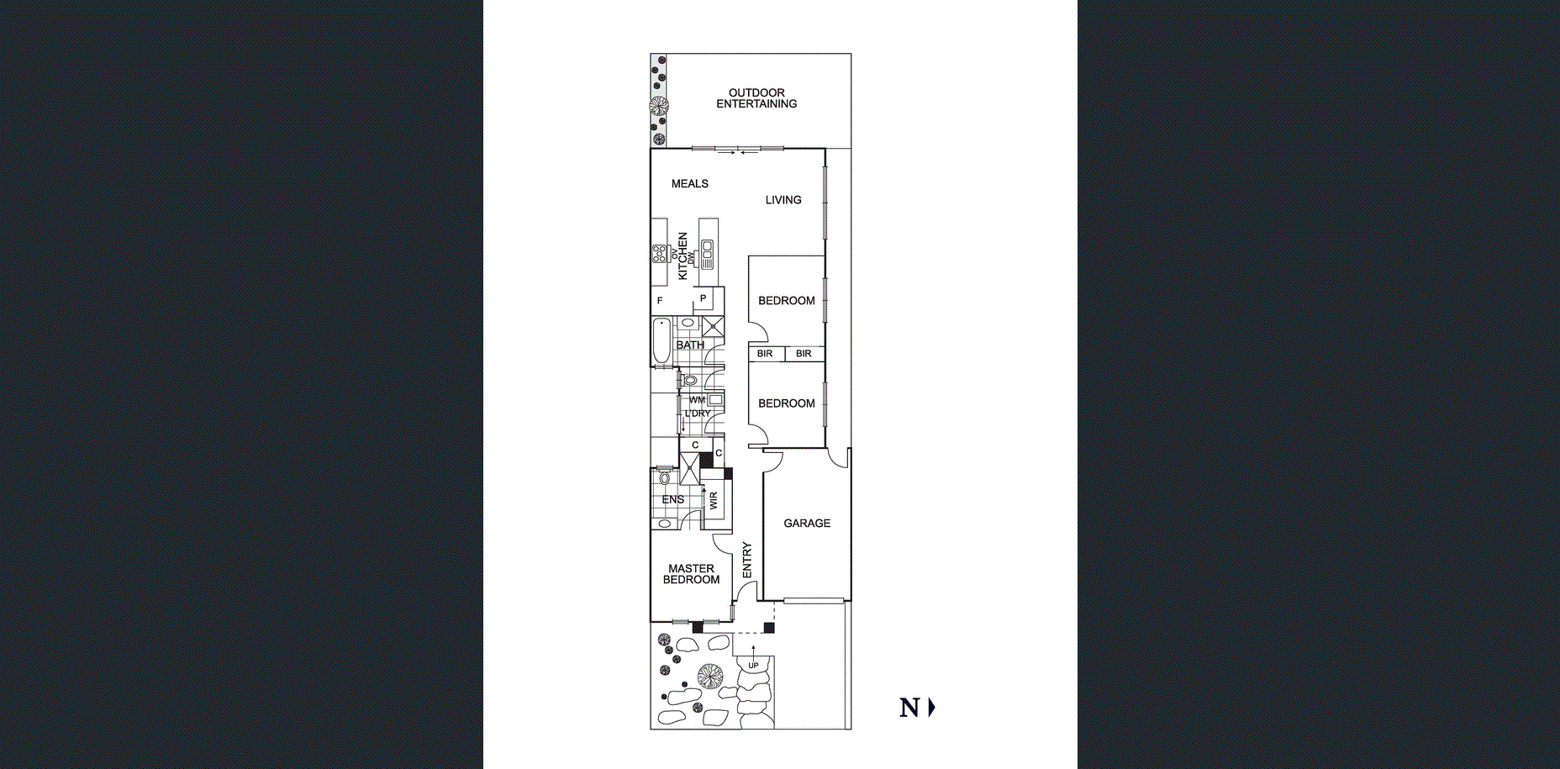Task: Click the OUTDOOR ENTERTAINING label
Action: coord(756,98)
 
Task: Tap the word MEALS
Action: coord(689,183)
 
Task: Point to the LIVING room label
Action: coord(783,200)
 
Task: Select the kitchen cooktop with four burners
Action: coord(660,254)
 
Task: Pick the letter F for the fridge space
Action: coord(660,301)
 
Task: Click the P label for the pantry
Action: coord(704,298)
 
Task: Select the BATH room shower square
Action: coord(713,327)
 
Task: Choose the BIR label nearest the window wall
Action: coord(804,354)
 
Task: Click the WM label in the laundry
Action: coord(697,400)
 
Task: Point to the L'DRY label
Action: coord(698,413)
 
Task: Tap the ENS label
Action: coord(672,500)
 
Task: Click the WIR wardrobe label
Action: coord(714,501)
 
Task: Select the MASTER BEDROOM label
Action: coord(691,574)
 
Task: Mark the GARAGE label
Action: coord(807,523)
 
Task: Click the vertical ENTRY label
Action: coord(747,560)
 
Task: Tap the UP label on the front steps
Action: coord(753,666)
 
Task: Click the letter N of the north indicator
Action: coord(909,708)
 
